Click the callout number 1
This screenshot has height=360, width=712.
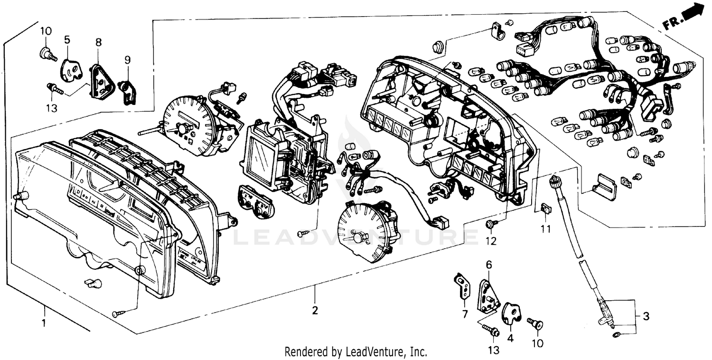pyautogui.click(x=44, y=323)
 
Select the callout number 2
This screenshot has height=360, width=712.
pyautogui.click(x=315, y=311)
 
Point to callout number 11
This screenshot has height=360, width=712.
pyautogui.click(x=546, y=229)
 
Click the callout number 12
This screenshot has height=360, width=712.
pyautogui.click(x=491, y=241)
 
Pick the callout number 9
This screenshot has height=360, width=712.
pyautogui.click(x=127, y=60)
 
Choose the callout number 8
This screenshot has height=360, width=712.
pyautogui.click(x=99, y=42)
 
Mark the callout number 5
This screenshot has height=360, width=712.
pyautogui.click(x=66, y=39)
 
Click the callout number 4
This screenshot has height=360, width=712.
pyautogui.click(x=510, y=339)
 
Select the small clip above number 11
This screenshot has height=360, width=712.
pyautogui.click(x=546, y=208)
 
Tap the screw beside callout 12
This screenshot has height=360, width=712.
pyautogui.click(x=490, y=223)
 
